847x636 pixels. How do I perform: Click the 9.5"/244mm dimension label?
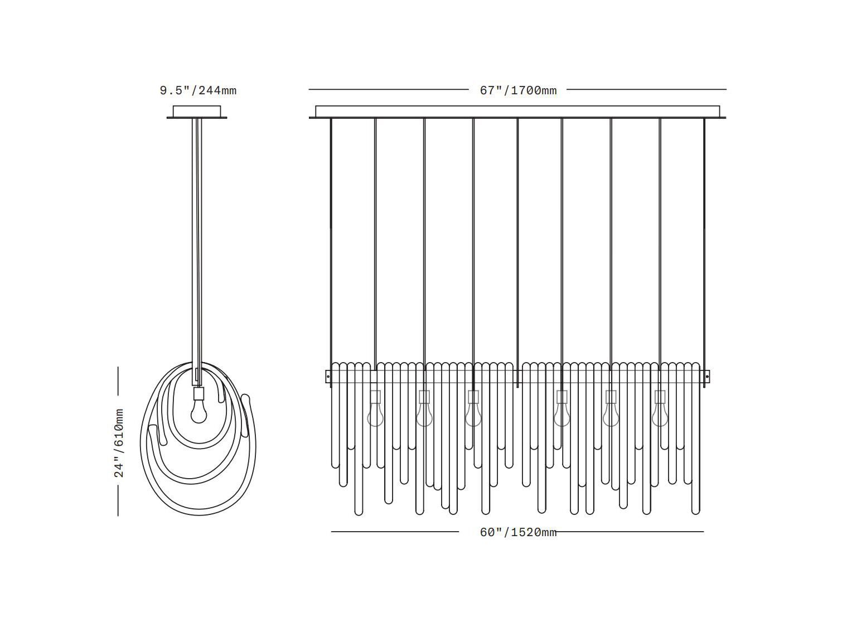tap(198, 91)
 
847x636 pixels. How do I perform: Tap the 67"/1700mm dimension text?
tap(518, 91)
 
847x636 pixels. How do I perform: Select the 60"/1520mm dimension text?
tap(518, 533)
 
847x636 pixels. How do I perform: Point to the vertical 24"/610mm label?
tap(119, 443)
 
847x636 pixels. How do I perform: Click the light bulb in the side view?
tap(199, 412)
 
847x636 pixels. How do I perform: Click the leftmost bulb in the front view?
tap(375, 415)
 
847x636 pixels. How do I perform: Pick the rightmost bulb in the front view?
tap(660, 415)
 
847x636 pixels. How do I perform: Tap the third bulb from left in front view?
tap(473, 415)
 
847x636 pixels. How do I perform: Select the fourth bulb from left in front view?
tap(562, 415)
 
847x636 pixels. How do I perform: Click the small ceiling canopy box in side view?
tap(197, 111)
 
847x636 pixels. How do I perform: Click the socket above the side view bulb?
tap(199, 394)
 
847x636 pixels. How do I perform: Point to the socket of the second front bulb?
tap(424, 396)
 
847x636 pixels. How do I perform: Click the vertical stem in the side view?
tap(197, 252)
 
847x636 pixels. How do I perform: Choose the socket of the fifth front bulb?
tap(611, 396)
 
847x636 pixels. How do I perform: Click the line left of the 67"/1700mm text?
tap(389, 89)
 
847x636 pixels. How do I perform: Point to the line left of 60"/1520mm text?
tap(395, 532)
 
